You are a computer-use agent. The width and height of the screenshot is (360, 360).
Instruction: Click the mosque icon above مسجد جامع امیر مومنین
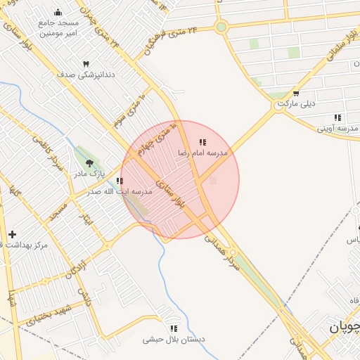[x=58, y=12]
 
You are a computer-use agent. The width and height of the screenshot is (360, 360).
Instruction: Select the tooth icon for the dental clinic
[x=86, y=63]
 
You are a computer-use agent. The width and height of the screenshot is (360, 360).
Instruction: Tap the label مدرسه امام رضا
[x=202, y=153]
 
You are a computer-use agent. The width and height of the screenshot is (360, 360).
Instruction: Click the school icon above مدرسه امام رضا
[x=202, y=143]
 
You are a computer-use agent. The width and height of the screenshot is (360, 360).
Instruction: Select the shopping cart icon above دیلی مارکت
[x=295, y=94]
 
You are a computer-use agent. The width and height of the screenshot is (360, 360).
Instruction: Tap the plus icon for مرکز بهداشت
[x=12, y=233]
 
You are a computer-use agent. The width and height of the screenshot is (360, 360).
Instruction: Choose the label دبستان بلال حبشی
[x=174, y=339]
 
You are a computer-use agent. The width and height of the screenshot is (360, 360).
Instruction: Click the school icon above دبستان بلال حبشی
[x=173, y=328]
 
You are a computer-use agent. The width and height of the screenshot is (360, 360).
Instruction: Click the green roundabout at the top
[x=221, y=27]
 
